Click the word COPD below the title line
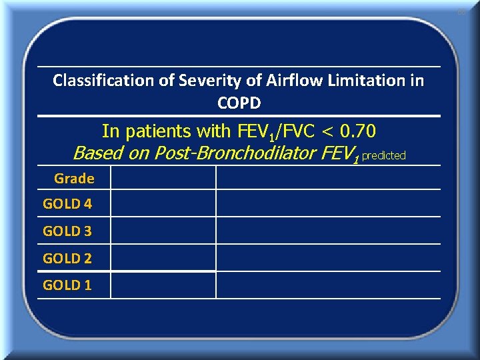pyautogui.click(x=239, y=103)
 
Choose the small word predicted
pyautogui.click(x=383, y=155)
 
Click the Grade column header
pyautogui.click(x=74, y=178)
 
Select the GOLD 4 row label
pyautogui.click(x=67, y=204)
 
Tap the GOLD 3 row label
pyautogui.click(x=67, y=231)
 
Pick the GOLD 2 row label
pyautogui.click(x=67, y=258)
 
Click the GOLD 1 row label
pyautogui.click(x=67, y=285)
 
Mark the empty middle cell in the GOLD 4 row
pyautogui.click(x=163, y=203)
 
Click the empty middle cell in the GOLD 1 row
pyautogui.click(x=163, y=285)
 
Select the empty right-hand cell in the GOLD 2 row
pyautogui.click(x=328, y=258)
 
